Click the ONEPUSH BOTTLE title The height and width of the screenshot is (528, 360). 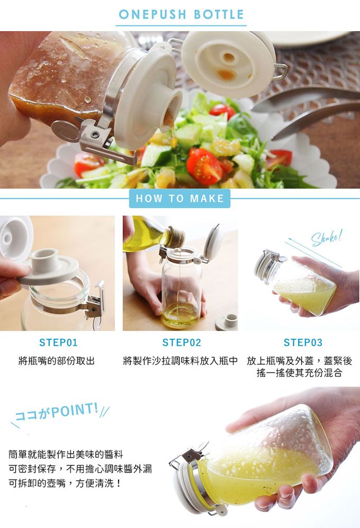coord(181,14)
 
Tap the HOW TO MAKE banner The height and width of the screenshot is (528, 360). coord(179,199)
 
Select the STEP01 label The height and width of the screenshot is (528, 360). coord(58,343)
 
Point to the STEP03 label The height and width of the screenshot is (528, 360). coord(303,343)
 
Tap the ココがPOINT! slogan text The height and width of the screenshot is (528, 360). coord(58,412)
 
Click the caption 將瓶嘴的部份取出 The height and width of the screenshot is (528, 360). coord(57,361)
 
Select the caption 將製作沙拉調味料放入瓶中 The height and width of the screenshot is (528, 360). coord(180,361)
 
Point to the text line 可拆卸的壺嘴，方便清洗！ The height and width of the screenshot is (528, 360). coord(66,483)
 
